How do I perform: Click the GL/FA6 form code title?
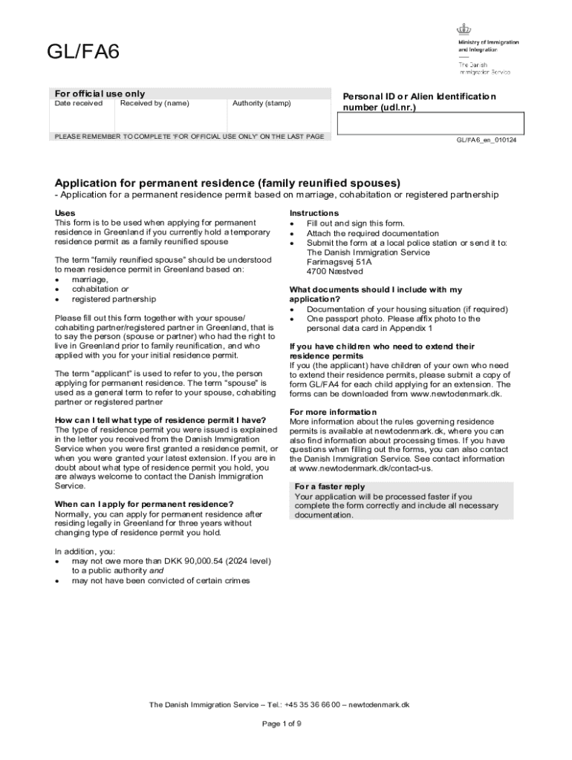tap(82, 53)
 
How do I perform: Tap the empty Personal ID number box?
tap(431, 123)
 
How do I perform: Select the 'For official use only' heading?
tap(100, 94)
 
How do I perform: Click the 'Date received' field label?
tap(79, 103)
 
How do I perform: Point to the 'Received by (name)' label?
tap(155, 103)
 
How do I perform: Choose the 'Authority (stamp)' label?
tap(261, 103)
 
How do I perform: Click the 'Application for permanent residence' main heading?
tap(227, 183)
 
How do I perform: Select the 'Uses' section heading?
tap(65, 213)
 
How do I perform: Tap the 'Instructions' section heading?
tap(313, 213)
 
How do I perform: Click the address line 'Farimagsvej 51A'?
tap(339, 262)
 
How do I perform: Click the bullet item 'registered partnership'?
tap(114, 299)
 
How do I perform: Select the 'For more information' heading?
tap(333, 412)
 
